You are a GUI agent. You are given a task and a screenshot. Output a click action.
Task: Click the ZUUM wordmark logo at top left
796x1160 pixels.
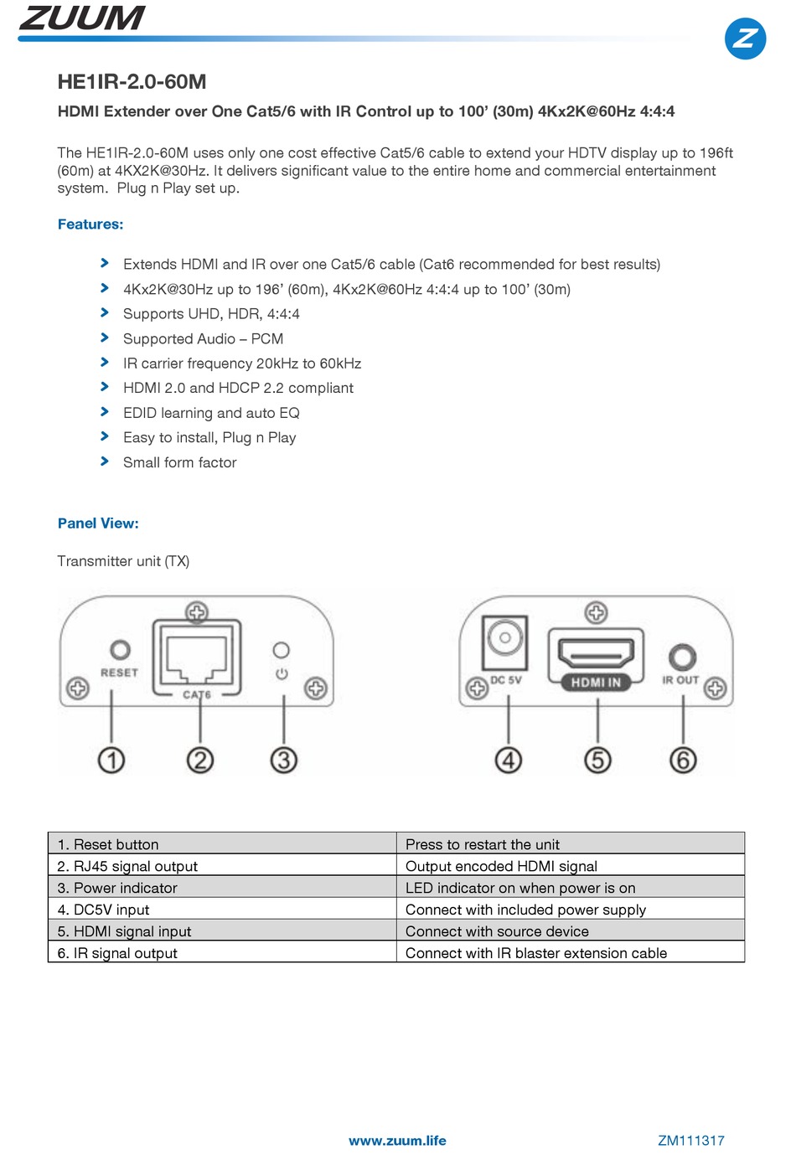click(81, 18)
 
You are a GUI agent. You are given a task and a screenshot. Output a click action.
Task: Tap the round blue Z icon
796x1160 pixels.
click(744, 39)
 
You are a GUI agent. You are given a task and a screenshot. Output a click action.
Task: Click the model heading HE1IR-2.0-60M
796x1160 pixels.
click(132, 82)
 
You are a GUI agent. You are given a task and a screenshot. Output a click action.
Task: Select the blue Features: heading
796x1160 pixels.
click(90, 224)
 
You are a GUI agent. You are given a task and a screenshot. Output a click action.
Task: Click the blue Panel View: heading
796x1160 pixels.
click(98, 523)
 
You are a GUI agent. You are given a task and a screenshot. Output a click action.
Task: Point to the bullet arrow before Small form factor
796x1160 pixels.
click(105, 461)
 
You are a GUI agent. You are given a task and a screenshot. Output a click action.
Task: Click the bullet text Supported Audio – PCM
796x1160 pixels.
click(203, 338)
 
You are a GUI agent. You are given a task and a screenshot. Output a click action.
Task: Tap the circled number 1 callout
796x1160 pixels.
click(111, 760)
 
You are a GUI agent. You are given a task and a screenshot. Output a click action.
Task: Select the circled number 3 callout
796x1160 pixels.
click(283, 760)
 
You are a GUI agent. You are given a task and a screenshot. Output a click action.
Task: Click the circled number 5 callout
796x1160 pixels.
click(597, 760)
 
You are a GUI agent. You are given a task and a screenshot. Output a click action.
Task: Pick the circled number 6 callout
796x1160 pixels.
click(683, 760)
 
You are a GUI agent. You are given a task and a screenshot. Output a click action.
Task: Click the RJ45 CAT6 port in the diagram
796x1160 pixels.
click(197, 657)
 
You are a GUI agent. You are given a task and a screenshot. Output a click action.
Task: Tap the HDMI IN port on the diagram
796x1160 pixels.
click(596, 654)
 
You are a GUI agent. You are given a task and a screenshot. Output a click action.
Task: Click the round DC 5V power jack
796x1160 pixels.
click(504, 639)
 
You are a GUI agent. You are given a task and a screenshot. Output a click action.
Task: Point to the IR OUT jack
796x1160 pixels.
click(682, 657)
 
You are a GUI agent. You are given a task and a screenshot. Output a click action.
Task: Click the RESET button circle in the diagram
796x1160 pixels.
click(120, 650)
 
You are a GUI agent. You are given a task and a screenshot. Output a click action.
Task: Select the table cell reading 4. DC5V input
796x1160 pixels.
click(221, 910)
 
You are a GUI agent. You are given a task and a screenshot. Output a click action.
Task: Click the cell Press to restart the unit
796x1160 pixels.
click(570, 844)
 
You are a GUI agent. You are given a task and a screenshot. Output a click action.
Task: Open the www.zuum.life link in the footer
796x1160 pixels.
click(397, 1141)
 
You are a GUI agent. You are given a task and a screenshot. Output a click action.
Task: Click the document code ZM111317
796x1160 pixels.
click(690, 1141)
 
